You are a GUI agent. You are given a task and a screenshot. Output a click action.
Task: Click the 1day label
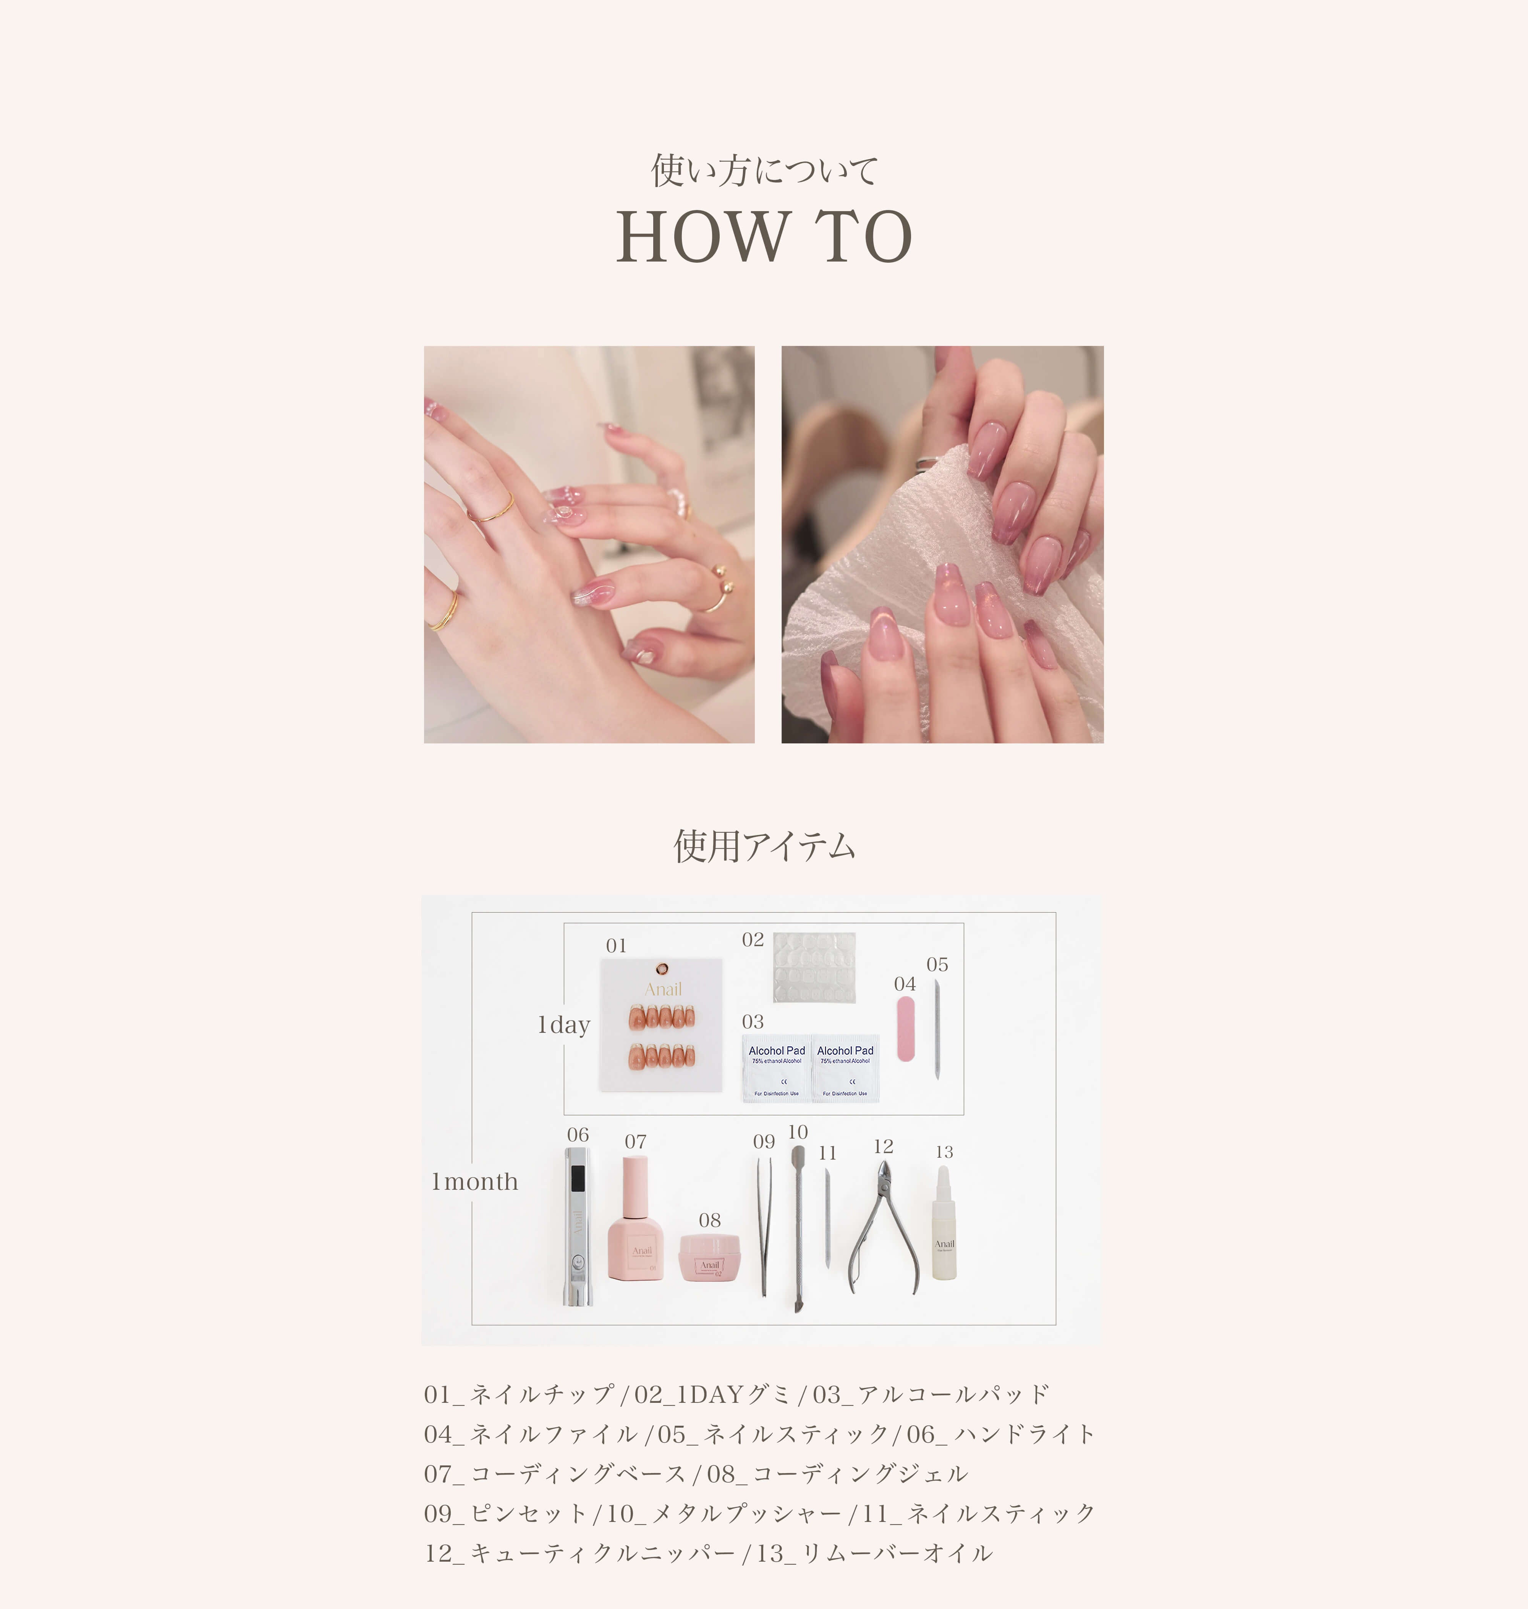(x=563, y=1025)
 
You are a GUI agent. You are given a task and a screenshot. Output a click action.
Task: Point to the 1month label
(x=475, y=1181)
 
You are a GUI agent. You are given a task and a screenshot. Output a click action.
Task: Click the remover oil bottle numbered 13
(x=944, y=1226)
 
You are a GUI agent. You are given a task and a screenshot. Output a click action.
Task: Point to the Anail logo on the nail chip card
(x=663, y=989)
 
